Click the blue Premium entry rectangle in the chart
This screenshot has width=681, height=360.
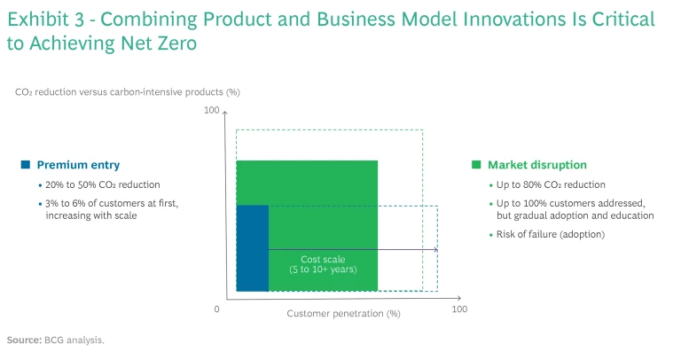(x=253, y=247)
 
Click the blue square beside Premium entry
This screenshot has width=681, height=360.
(x=26, y=165)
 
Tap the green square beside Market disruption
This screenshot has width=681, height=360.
(x=476, y=165)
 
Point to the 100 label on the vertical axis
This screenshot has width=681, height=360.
(x=211, y=110)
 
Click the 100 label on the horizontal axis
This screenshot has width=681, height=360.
(x=459, y=309)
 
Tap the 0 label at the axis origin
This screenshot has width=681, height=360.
(x=217, y=309)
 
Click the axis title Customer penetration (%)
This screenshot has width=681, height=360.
(x=344, y=313)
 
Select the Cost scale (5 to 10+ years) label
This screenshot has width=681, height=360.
(x=324, y=264)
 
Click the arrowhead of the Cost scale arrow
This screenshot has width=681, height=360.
(x=435, y=250)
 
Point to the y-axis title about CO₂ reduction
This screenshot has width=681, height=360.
(x=128, y=91)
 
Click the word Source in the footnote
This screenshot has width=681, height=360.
(x=23, y=340)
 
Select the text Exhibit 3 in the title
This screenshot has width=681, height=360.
(x=43, y=20)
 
